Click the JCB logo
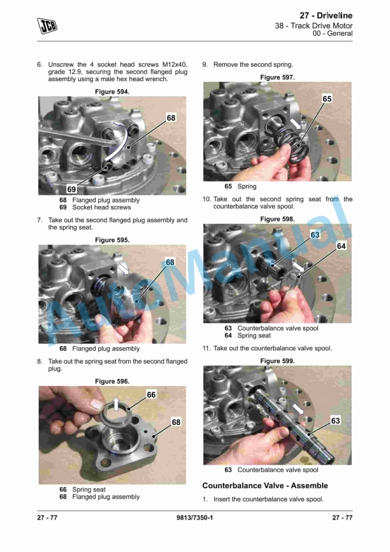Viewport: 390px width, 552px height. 47,26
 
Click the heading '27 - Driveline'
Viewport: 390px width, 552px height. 326,15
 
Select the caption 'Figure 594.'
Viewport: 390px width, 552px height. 112,91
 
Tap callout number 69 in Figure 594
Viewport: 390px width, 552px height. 71,189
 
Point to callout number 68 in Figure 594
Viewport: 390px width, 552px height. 171,117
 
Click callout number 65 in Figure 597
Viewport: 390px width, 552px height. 327,99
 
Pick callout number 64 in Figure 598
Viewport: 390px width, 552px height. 341,246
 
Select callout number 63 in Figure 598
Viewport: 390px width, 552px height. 315,235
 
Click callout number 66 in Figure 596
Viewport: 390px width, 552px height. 151,394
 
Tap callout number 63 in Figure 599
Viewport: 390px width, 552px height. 335,421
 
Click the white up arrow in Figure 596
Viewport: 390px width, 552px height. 116,404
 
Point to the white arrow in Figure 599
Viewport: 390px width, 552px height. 298,409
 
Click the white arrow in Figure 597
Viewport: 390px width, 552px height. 295,124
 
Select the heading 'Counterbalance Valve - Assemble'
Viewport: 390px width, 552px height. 265,486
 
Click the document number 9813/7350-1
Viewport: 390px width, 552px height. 194,518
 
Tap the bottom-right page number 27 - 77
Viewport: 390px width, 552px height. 342,518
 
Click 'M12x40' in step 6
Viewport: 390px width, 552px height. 175,64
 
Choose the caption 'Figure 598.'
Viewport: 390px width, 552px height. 277,219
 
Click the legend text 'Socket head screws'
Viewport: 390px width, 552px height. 101,207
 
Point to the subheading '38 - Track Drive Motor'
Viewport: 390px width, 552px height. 314,26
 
